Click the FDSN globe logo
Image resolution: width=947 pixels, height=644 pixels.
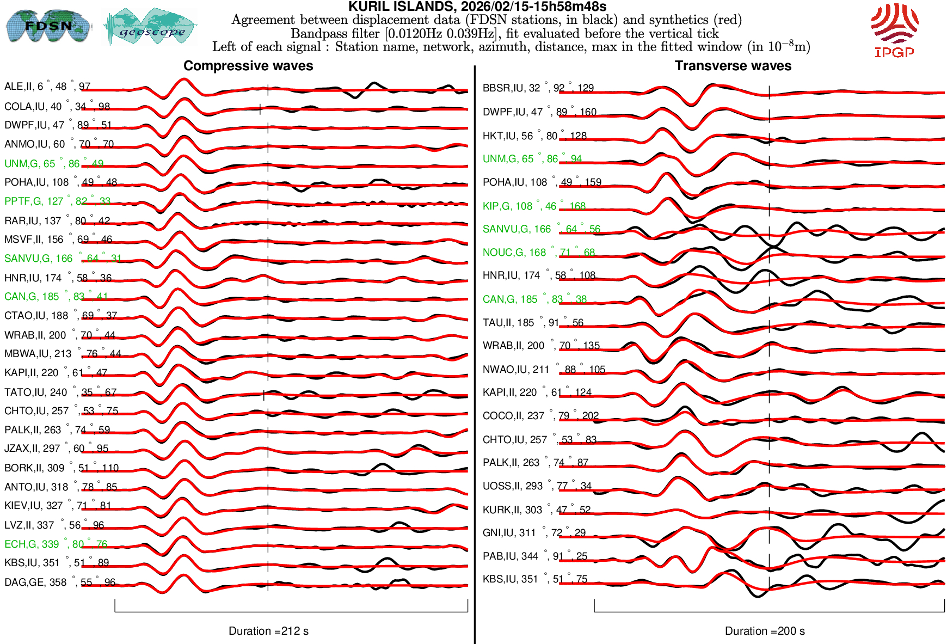tap(48, 26)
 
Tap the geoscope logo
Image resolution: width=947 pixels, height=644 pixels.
tap(151, 27)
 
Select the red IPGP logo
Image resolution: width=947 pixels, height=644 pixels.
tap(894, 30)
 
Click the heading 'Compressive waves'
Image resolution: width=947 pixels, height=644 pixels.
tap(248, 66)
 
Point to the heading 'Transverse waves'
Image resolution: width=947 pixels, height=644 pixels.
tap(733, 66)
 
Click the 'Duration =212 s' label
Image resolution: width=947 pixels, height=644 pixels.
tap(268, 631)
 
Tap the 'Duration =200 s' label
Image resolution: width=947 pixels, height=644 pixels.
tap(765, 631)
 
